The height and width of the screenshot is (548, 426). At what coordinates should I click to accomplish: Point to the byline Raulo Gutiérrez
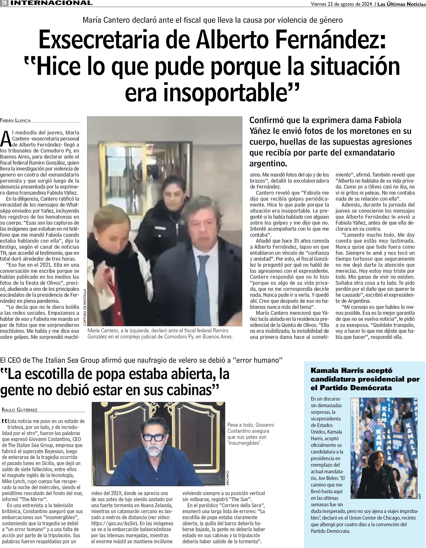pos(20,410)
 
